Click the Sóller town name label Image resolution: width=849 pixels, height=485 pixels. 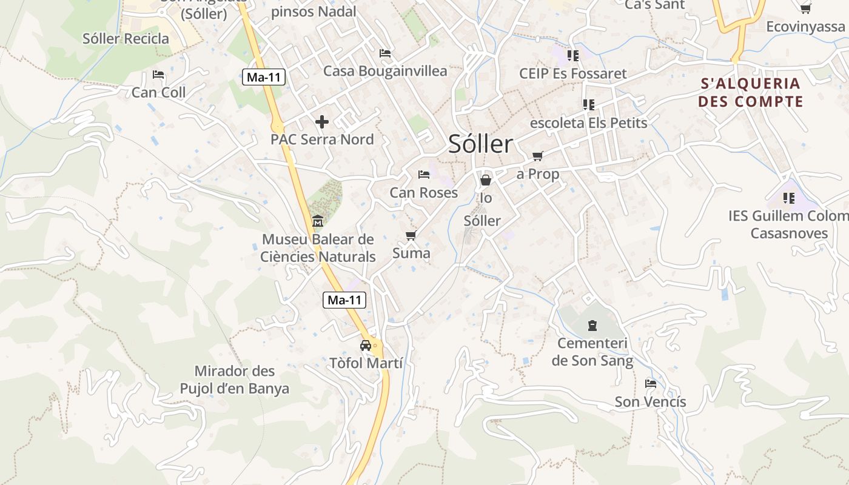[x=480, y=144]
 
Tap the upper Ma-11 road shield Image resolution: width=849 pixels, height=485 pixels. [x=264, y=77]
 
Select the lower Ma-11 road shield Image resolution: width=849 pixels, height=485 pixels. [x=344, y=299]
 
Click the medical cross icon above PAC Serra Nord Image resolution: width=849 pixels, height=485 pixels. [x=322, y=121]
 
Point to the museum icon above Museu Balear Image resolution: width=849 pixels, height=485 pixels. [x=317, y=221]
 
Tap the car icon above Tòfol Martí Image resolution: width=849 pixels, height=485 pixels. [x=366, y=346]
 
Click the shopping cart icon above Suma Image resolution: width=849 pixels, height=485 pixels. [x=411, y=235]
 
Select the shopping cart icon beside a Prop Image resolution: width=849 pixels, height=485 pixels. [x=537, y=156]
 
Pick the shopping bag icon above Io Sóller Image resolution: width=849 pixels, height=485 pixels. [x=486, y=180]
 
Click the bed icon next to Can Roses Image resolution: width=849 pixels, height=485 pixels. [x=424, y=175]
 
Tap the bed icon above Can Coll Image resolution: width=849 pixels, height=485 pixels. [x=158, y=75]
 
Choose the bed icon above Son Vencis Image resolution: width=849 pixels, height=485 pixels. [x=651, y=383]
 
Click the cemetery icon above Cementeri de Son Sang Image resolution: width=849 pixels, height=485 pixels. [x=592, y=326]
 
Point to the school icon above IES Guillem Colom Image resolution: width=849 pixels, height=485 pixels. [x=788, y=198]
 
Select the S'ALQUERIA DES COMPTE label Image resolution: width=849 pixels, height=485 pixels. [x=750, y=92]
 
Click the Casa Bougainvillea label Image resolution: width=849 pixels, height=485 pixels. [x=385, y=71]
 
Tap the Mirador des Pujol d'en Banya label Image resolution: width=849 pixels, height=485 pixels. [x=235, y=380]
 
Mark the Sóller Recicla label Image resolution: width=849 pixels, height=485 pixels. [x=126, y=39]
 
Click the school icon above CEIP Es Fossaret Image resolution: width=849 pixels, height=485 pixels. [x=572, y=56]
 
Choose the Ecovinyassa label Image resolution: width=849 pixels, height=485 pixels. [x=805, y=27]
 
